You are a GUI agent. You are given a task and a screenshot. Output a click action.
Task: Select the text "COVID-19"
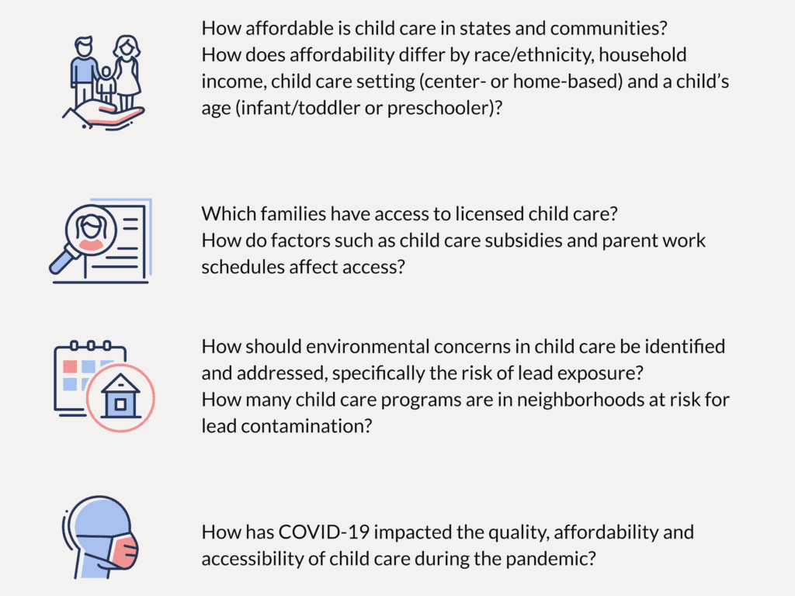click(x=324, y=532)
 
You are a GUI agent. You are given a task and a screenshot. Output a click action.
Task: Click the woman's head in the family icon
click(x=127, y=46)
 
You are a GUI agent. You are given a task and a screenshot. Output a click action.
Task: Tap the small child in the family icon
click(x=106, y=86)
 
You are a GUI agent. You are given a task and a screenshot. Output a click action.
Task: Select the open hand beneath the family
click(x=105, y=116)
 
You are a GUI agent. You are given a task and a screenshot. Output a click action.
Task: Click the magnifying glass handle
click(x=64, y=260)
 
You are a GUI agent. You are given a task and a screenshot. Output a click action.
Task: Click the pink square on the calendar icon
click(x=70, y=366)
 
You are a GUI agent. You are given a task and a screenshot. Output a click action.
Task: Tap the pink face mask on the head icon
click(x=125, y=551)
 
